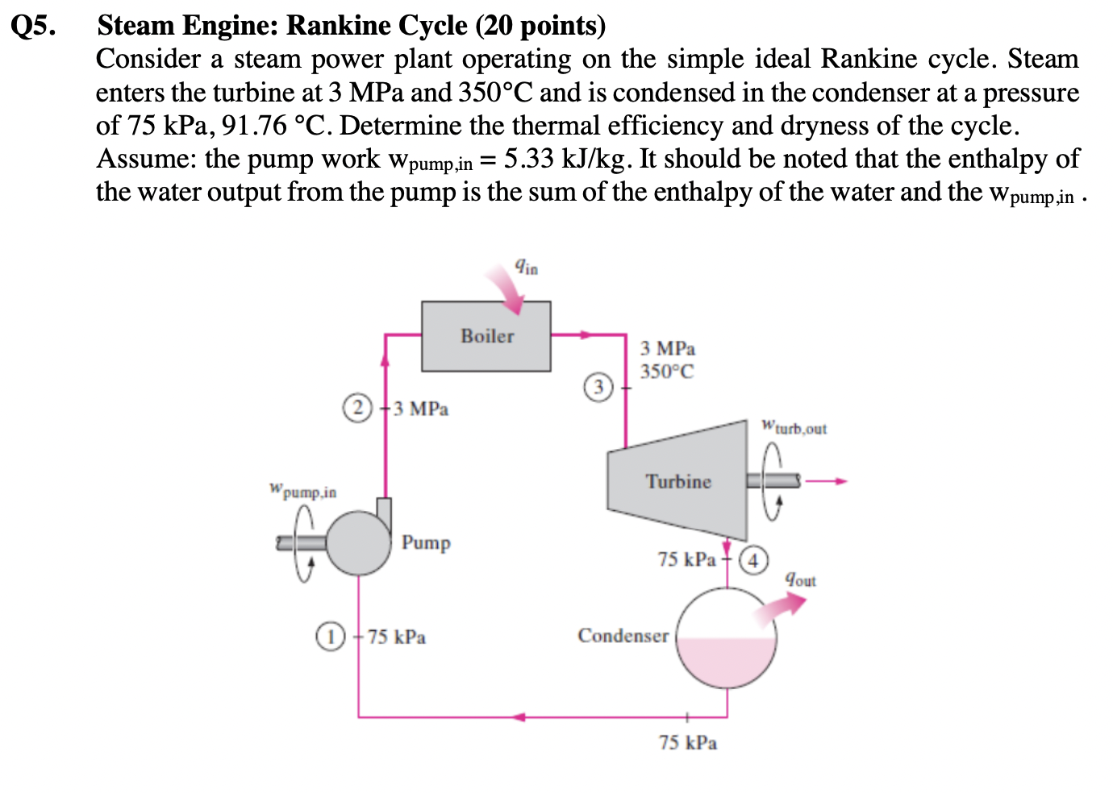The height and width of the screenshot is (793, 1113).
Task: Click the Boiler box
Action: coord(486,336)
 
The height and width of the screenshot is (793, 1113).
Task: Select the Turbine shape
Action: coord(678,481)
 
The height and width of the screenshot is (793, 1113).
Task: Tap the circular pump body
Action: coord(359,544)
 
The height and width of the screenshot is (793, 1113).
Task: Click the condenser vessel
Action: coord(726,637)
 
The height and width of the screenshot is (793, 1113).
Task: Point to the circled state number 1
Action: coord(329,636)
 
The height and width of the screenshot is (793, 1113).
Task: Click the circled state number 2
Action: coord(358,408)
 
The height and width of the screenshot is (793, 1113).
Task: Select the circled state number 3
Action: coord(598,387)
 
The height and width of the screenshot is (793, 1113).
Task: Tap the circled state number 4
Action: coord(753,559)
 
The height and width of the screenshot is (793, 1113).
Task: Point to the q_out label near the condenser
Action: coord(801,579)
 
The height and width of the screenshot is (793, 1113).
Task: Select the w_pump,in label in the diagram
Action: coord(303,490)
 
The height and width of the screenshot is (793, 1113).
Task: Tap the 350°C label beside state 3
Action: coord(667,372)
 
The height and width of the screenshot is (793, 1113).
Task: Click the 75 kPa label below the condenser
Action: coord(687,742)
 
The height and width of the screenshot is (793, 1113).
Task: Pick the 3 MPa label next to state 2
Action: coord(421,409)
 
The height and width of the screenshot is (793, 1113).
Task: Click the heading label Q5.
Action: coord(34,26)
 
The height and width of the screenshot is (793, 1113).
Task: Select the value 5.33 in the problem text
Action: coord(528,159)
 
